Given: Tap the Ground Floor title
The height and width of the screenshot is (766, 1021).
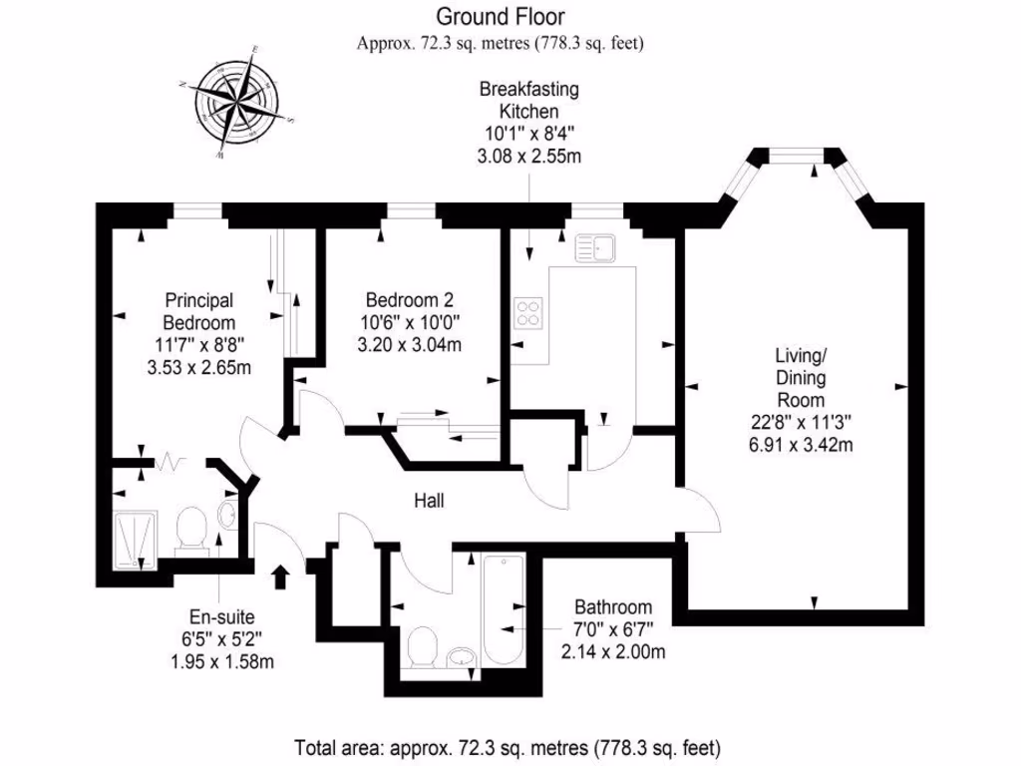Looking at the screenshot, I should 500,17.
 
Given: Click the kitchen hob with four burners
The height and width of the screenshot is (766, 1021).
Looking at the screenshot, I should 528,313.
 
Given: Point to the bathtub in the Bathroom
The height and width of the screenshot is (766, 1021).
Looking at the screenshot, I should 502,606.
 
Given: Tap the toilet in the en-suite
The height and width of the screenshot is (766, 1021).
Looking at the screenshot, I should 189,529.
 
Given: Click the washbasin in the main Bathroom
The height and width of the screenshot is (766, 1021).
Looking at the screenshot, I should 461,657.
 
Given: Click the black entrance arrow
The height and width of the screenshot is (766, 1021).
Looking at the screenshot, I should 281,575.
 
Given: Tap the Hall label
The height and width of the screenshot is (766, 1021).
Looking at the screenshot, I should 430,501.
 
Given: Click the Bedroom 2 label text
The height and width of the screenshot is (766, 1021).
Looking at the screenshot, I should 410,299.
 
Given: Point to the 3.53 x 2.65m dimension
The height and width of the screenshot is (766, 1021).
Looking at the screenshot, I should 199,367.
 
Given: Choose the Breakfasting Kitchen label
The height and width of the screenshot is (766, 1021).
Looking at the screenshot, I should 528,100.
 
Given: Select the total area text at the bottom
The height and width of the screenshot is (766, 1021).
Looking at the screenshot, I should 507,746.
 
